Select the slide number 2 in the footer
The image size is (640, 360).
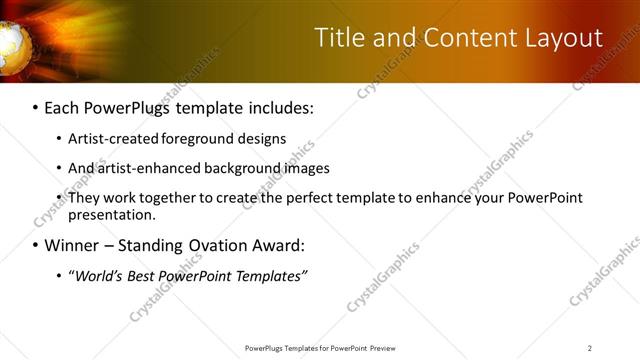[590, 348]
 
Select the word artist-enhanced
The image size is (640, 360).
[149, 168]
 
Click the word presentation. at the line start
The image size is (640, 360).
[112, 214]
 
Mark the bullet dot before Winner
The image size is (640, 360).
[36, 244]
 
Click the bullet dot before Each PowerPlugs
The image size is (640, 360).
[36, 106]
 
